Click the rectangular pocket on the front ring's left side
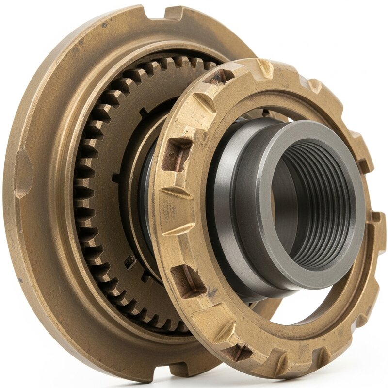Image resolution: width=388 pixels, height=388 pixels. (176, 154)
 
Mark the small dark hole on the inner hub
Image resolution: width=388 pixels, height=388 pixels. (130, 261)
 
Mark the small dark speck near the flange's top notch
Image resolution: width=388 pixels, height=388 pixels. (104, 25)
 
